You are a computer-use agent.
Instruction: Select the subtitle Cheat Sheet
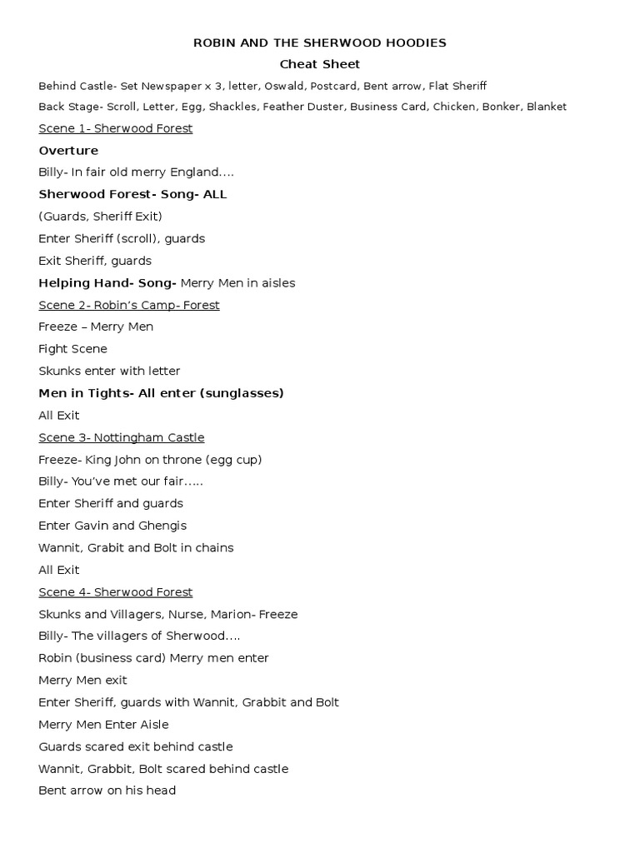(320, 64)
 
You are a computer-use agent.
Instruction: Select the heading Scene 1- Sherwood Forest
(115, 128)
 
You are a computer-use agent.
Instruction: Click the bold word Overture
(68, 151)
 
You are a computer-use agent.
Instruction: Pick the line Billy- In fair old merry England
(136, 172)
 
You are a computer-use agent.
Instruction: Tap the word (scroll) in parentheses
(137, 238)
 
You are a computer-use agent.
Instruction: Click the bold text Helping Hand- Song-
(107, 282)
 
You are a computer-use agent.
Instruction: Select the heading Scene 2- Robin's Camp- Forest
(128, 305)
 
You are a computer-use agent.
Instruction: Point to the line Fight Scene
(72, 349)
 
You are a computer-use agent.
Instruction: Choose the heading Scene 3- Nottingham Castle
(121, 437)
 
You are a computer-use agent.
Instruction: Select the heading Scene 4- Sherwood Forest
(115, 592)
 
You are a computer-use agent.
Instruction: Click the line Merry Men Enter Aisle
(103, 725)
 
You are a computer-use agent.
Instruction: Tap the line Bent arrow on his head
(107, 791)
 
